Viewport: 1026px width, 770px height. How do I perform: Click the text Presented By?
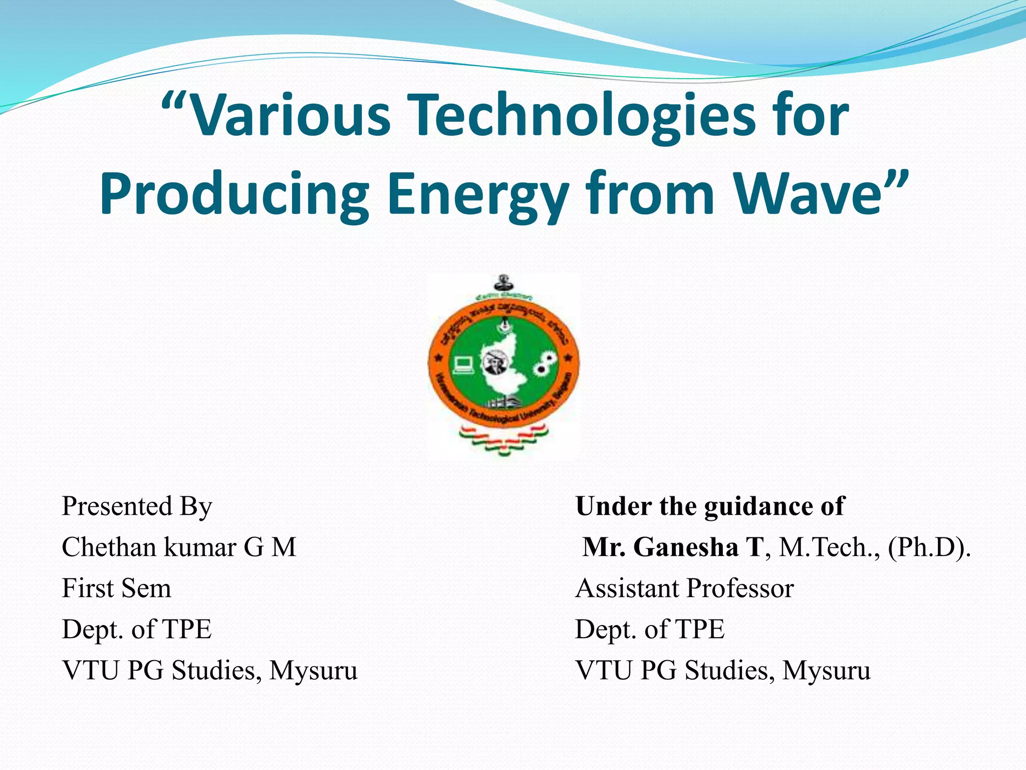(137, 506)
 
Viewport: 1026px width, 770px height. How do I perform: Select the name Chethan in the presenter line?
(109, 546)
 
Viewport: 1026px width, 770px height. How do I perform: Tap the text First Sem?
(116, 588)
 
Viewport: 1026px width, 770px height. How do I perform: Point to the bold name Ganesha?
(686, 546)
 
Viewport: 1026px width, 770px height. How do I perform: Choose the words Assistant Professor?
(684, 588)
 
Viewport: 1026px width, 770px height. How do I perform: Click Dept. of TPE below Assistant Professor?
(650, 629)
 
